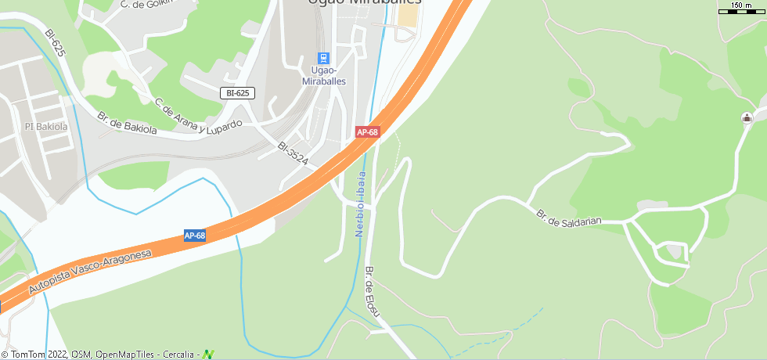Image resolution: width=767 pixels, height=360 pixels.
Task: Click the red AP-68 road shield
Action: tap(368, 132)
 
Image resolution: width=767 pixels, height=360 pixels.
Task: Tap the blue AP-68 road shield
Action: tap(195, 236)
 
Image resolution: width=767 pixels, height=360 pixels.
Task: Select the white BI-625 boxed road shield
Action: tap(238, 93)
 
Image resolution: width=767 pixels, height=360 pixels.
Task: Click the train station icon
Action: tap(323, 58)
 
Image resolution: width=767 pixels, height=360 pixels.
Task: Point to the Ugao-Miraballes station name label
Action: tap(323, 76)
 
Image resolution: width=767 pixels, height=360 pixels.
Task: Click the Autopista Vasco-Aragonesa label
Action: tap(89, 272)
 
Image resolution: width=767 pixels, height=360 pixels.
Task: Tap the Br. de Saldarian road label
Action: tap(568, 217)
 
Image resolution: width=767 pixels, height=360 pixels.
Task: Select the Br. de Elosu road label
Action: tap(373, 291)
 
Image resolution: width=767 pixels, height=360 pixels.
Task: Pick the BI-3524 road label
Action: tap(293, 153)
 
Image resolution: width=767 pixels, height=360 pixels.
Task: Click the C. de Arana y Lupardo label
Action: tap(197, 116)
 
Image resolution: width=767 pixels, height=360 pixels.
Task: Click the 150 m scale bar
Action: tap(740, 9)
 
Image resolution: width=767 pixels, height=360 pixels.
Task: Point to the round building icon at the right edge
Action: tap(746, 118)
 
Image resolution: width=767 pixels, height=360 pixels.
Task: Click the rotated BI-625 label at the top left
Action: tap(54, 45)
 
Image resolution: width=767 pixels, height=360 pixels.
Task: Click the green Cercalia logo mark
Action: tap(208, 355)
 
